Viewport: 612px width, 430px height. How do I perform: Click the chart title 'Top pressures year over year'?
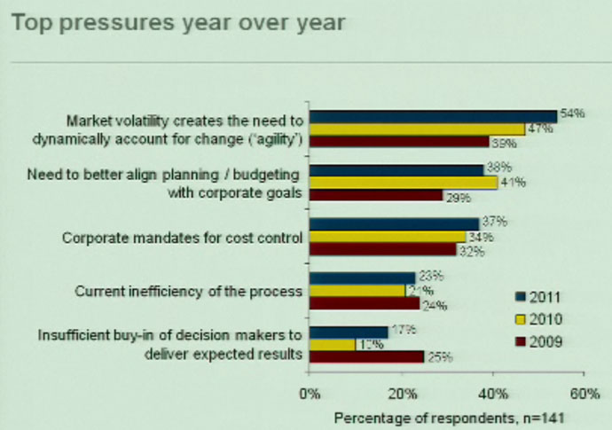(178, 21)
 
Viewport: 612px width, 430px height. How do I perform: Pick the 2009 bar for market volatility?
(398, 142)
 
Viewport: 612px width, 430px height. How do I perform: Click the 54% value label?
(571, 115)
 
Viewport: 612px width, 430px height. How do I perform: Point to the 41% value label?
(513, 183)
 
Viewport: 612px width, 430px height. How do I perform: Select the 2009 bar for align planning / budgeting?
(376, 195)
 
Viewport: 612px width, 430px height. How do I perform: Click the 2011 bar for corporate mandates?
(394, 223)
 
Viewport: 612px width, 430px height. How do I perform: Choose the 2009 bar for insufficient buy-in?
(366, 356)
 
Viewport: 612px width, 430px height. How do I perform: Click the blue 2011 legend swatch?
(522, 296)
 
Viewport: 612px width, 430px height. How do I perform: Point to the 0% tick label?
(310, 393)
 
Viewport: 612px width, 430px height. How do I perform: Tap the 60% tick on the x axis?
(584, 393)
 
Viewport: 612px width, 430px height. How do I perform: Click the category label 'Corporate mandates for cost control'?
(183, 238)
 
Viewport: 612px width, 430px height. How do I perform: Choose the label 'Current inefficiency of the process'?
(189, 290)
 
